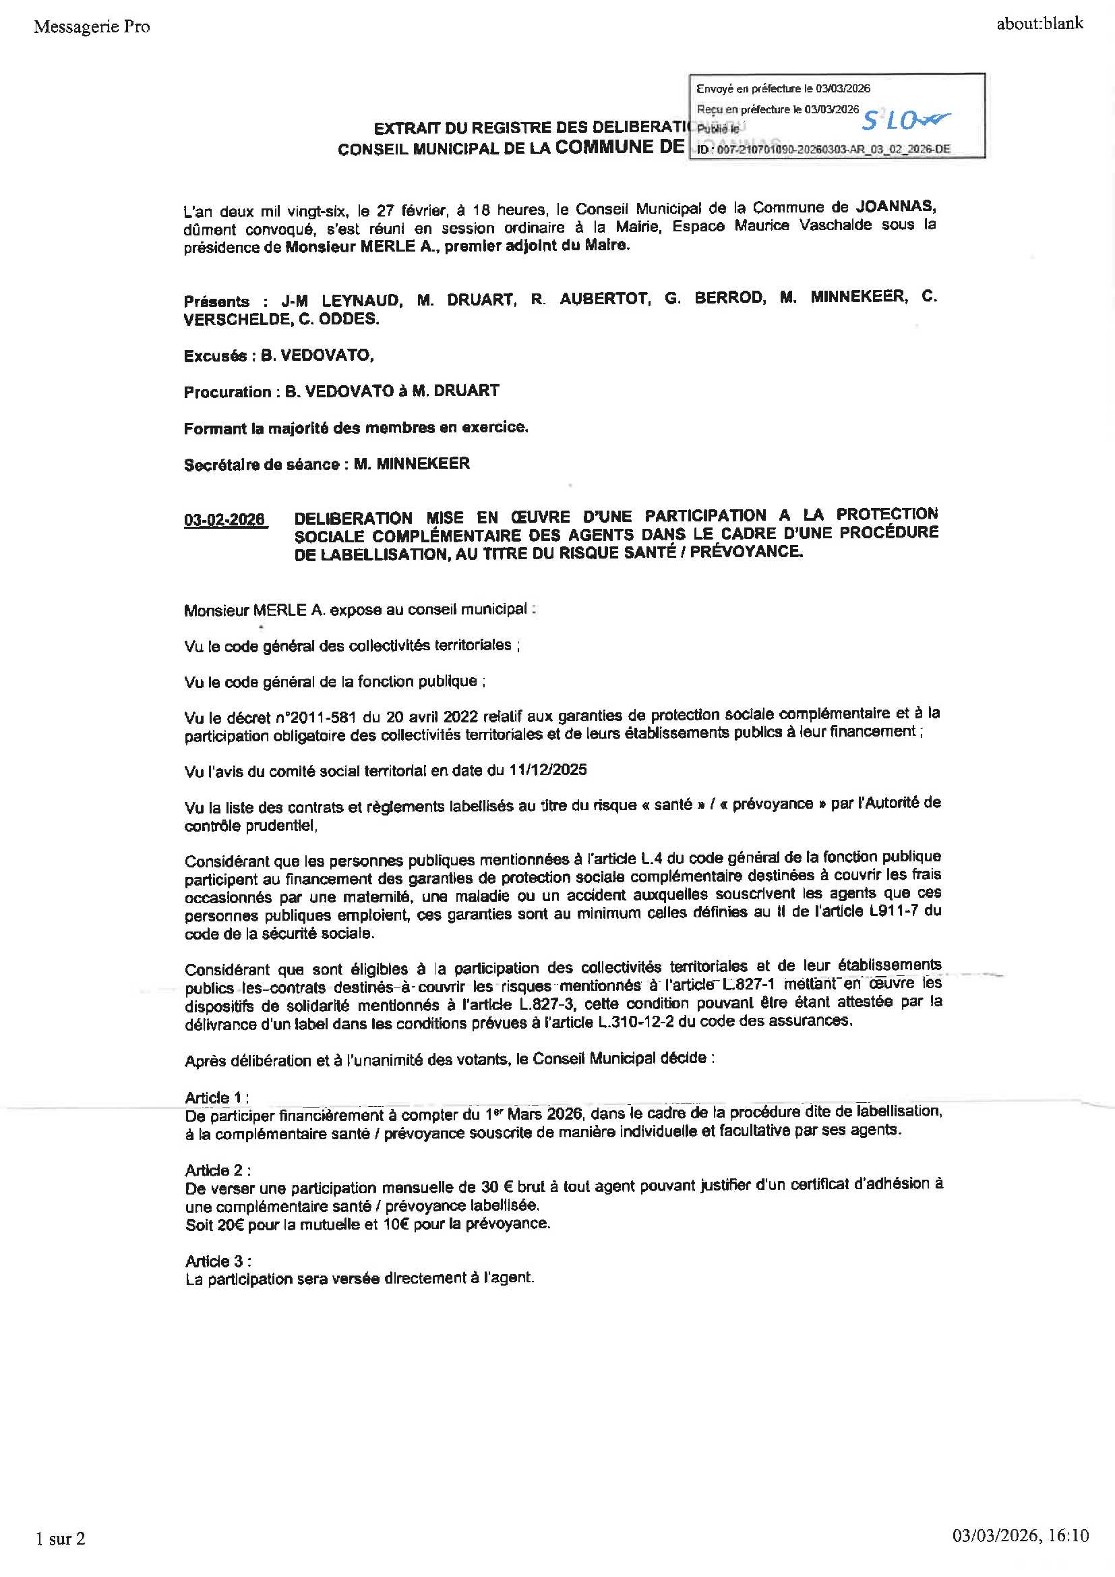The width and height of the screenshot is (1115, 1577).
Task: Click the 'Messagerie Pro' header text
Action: point(91,27)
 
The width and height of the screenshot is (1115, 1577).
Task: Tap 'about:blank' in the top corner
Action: point(1039,24)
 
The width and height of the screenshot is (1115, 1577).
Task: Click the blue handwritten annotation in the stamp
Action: point(905,121)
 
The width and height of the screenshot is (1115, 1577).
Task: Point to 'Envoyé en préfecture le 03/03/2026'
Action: point(783,88)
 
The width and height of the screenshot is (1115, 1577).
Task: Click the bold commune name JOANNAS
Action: point(895,205)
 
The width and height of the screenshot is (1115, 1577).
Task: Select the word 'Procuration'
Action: point(227,392)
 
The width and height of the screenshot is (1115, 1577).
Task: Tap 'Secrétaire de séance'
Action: point(261,465)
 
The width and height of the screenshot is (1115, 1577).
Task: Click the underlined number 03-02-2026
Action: point(224,520)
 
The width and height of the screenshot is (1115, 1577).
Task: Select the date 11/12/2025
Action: point(547,770)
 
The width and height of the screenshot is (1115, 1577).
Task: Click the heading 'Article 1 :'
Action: point(216,1097)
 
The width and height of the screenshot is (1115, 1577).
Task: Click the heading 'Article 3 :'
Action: point(218,1261)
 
